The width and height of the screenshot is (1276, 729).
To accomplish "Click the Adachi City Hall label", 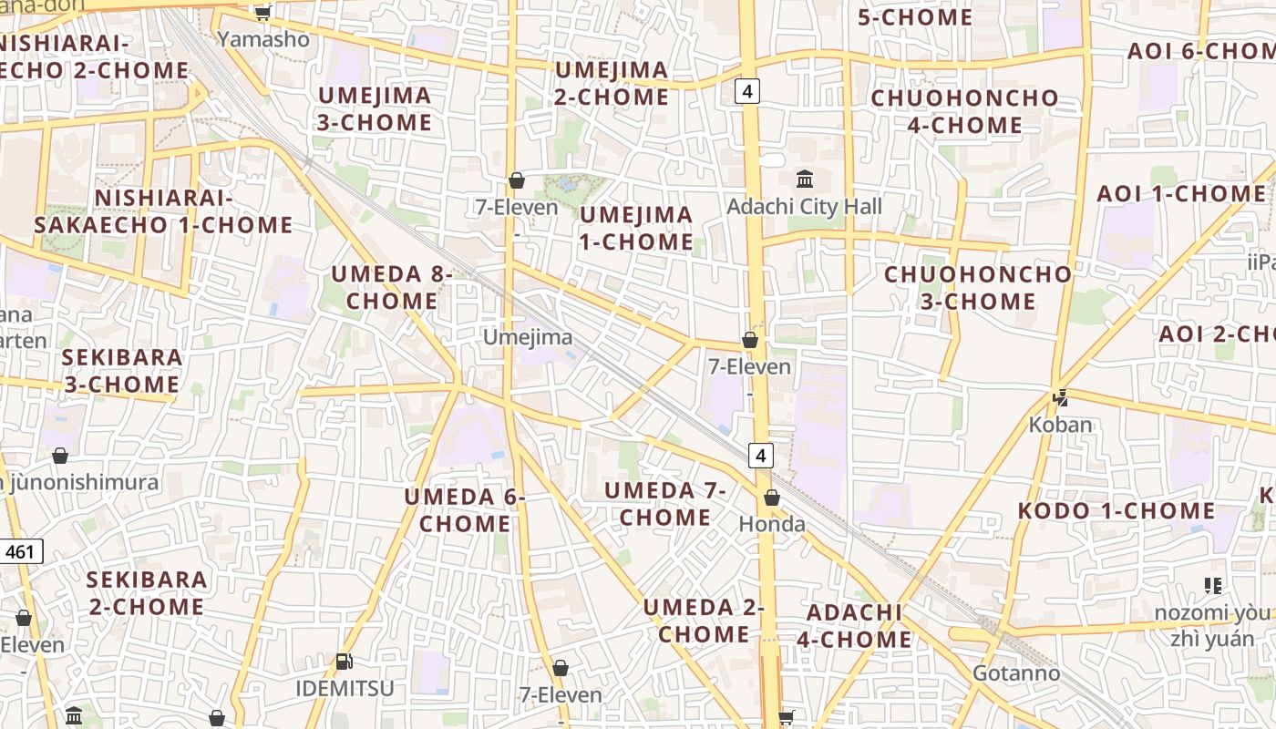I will click(804, 207).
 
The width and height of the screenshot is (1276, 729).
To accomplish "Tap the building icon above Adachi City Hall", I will click(804, 179).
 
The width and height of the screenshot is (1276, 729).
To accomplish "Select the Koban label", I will click(1060, 425).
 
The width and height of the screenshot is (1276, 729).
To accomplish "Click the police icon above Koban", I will click(1060, 397).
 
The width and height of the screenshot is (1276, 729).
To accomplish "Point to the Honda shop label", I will click(772, 524).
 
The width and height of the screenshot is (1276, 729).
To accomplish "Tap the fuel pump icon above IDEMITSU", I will click(344, 662).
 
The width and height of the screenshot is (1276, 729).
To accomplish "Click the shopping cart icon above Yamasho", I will click(262, 12).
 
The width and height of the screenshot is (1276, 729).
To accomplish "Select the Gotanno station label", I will click(1016, 673).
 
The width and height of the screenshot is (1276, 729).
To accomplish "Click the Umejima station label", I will click(528, 337).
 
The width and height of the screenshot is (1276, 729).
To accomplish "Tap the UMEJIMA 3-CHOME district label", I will click(374, 108).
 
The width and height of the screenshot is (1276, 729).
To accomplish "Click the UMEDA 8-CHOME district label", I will click(391, 287).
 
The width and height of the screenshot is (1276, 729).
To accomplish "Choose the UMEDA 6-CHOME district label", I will click(465, 510).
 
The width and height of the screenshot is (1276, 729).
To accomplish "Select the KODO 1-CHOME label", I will click(1116, 511).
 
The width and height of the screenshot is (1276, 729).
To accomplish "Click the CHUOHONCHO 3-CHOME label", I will click(978, 287).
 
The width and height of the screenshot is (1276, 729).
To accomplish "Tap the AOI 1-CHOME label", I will click(1181, 194).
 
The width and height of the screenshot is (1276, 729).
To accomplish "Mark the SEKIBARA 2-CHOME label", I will click(146, 592).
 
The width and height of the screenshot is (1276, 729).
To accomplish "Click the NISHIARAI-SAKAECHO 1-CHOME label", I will click(164, 211).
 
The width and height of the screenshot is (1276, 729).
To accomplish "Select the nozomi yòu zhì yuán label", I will click(1211, 624).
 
